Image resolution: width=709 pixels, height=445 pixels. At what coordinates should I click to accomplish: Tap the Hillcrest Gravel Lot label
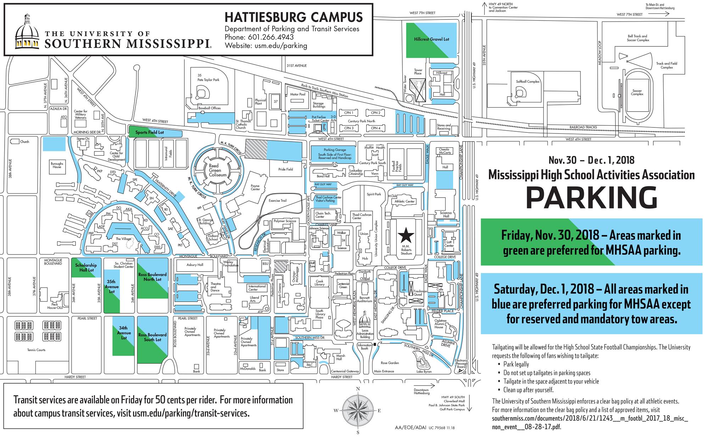pyautogui.click(x=431, y=39)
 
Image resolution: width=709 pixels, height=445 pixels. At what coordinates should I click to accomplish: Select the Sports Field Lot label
pyautogui.click(x=150, y=132)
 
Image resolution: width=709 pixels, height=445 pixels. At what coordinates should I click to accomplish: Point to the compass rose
pyautogui.click(x=358, y=411)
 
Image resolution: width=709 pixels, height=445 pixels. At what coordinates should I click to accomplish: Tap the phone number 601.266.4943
pyautogui.click(x=271, y=37)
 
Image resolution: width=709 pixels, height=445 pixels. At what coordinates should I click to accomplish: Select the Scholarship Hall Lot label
pyautogui.click(x=86, y=268)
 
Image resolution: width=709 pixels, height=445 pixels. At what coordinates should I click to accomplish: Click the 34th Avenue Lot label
pyautogui.click(x=124, y=333)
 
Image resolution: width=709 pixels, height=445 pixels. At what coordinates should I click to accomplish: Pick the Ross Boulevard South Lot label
pyautogui.click(x=152, y=337)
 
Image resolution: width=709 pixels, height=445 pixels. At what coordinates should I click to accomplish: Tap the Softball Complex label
pyautogui.click(x=527, y=82)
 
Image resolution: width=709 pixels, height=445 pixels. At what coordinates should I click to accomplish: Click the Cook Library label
pyautogui.click(x=319, y=283)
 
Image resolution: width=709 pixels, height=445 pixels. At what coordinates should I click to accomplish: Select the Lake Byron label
pyautogui.click(x=424, y=372)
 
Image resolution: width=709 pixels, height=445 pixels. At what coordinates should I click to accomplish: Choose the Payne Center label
pyautogui.click(x=255, y=187)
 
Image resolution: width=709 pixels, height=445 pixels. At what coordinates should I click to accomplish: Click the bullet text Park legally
pyautogui.click(x=516, y=364)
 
